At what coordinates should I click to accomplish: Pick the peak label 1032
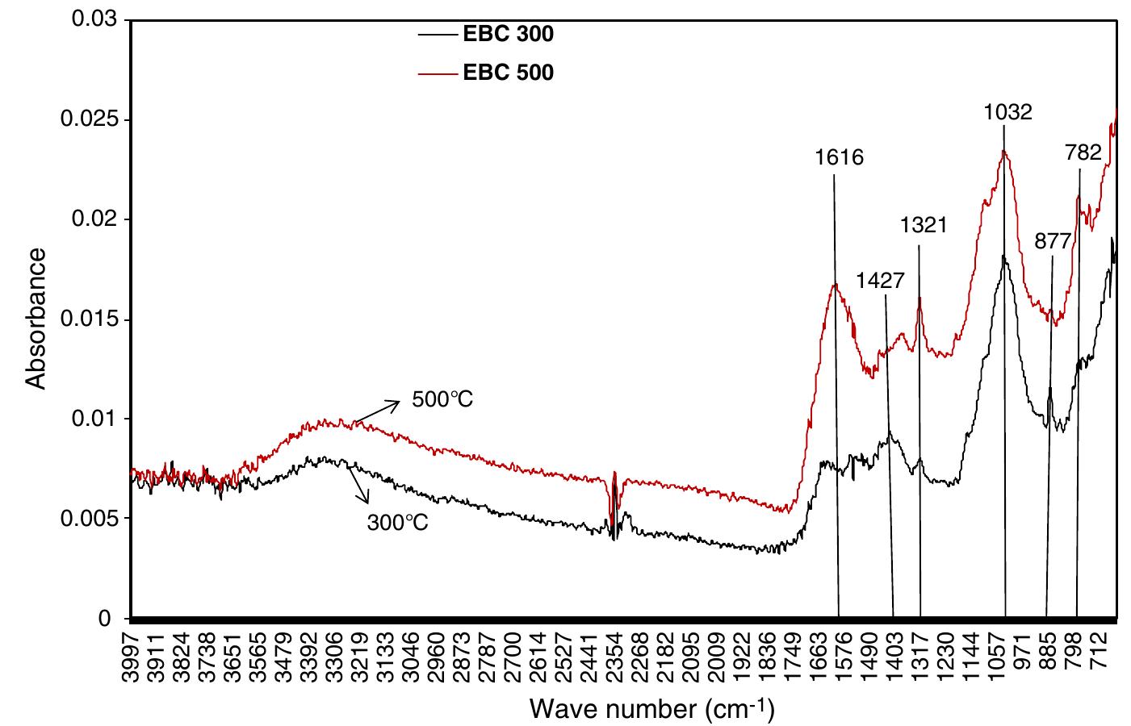(x=1007, y=111)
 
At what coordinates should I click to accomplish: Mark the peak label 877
(x=1052, y=241)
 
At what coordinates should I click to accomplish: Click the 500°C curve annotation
(x=442, y=399)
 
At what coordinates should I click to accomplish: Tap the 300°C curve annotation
(x=397, y=522)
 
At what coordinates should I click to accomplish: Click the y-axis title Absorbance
(x=36, y=319)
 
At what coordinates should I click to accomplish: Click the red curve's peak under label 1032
(x=1004, y=151)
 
